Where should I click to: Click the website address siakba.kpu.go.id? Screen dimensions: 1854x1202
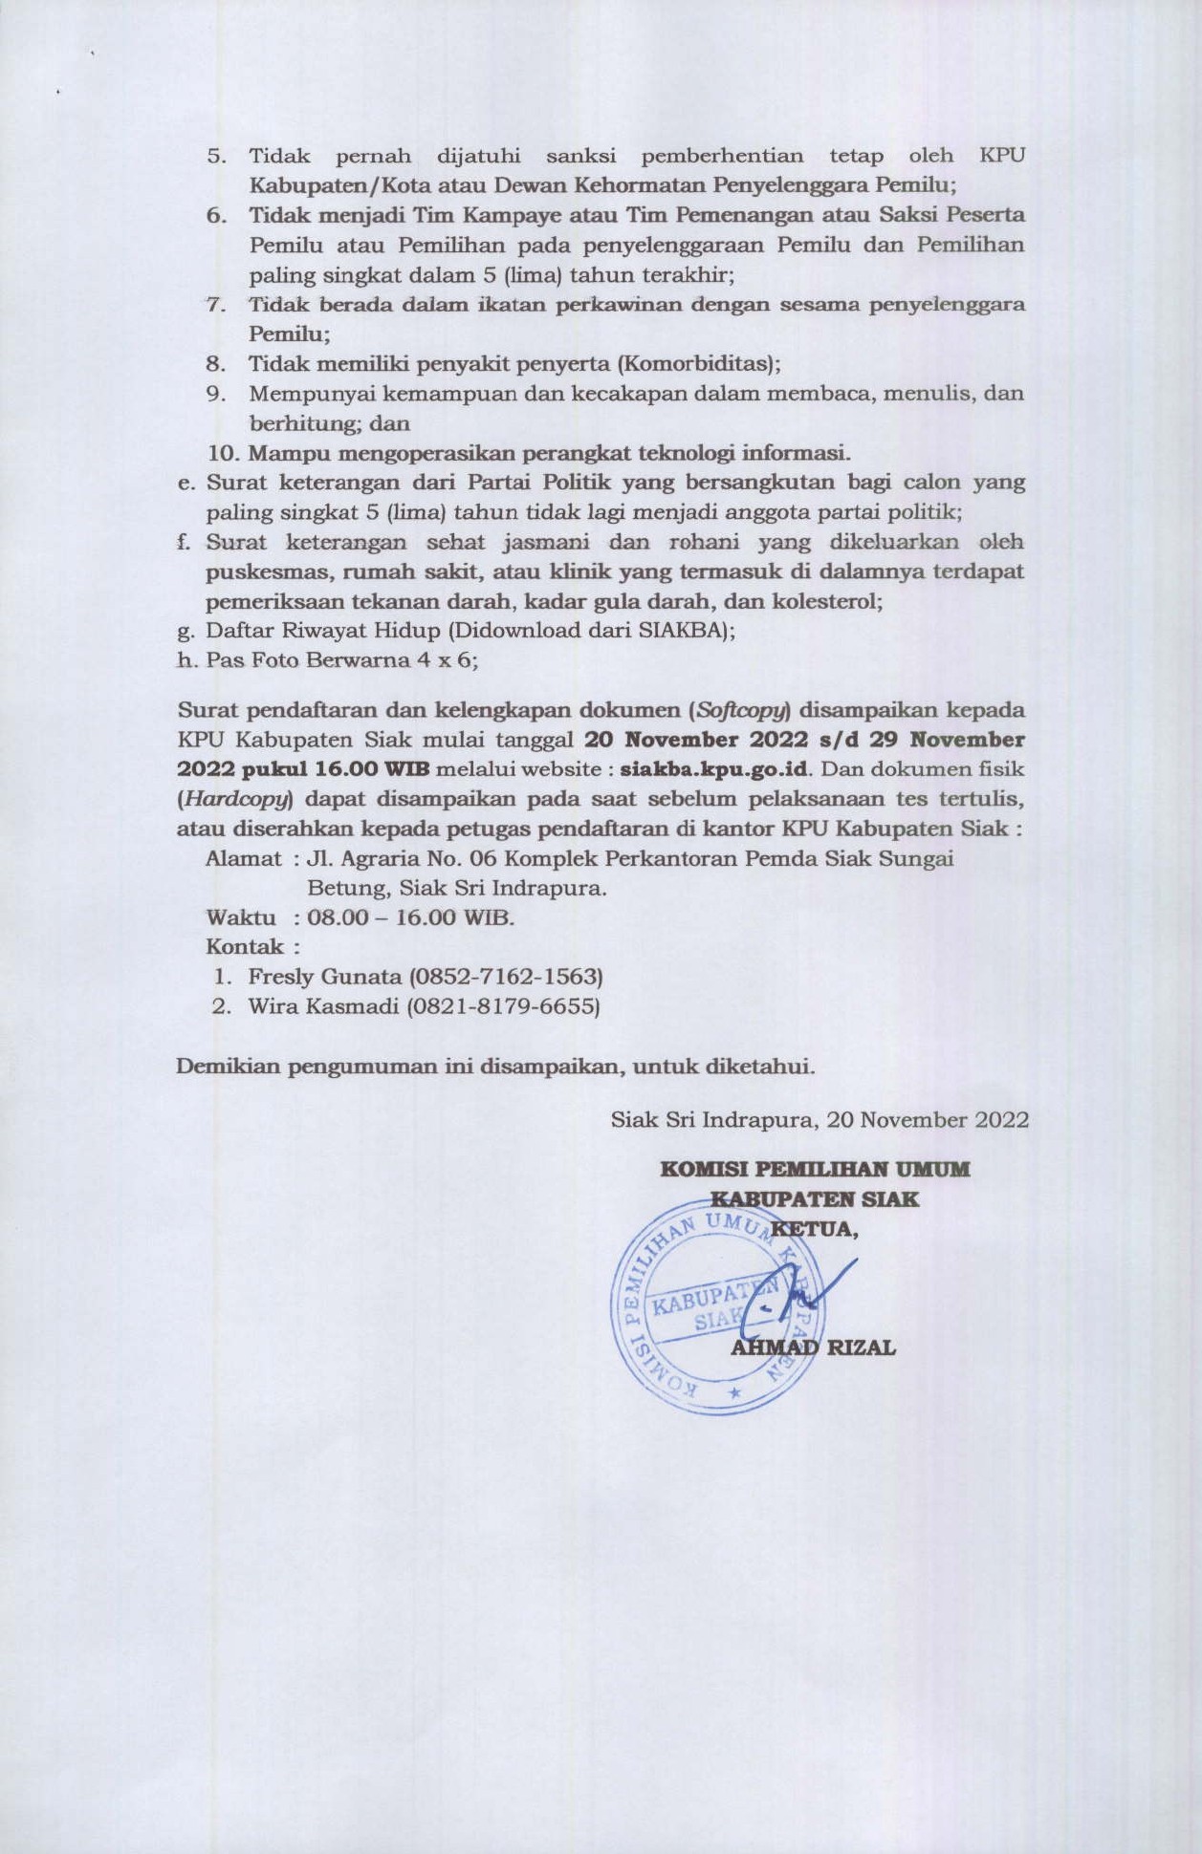(x=715, y=768)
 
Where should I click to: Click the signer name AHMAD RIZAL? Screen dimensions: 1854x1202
(x=813, y=1348)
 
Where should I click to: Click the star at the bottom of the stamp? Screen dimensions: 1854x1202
(x=734, y=1394)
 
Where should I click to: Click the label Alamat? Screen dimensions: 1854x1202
(x=244, y=858)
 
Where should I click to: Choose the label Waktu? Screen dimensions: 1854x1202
(x=242, y=918)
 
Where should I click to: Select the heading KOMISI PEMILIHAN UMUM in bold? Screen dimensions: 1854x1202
(x=815, y=1169)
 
